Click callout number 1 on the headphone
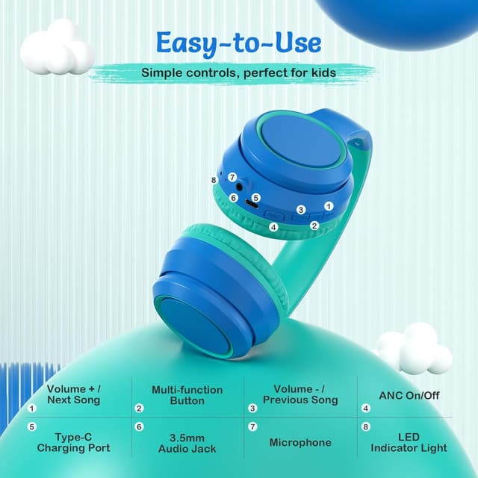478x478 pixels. [327, 206]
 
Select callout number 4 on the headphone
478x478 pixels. [273, 227]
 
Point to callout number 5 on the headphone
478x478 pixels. [255, 198]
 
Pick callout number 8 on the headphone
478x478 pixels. [214, 180]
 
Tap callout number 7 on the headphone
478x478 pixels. [232, 178]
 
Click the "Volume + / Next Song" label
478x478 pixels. [73, 394]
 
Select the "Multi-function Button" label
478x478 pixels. [187, 394]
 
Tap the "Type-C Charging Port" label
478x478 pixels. [73, 442]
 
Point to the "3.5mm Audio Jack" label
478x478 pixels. [187, 442]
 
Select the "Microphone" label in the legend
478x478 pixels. [300, 442]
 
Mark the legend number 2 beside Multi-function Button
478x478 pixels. [139, 409]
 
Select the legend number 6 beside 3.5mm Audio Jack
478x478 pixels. [139, 427]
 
